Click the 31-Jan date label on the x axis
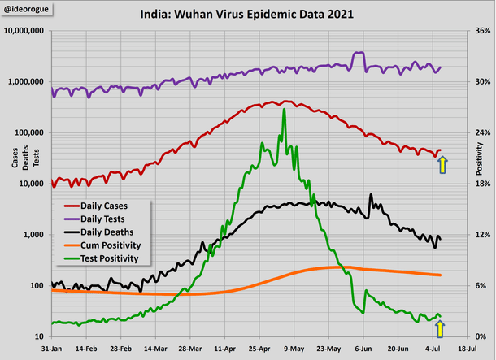[51, 346]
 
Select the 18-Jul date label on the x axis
[467, 346]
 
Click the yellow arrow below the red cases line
[442, 165]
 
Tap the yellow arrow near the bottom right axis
[440, 327]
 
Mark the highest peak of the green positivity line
[284, 110]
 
